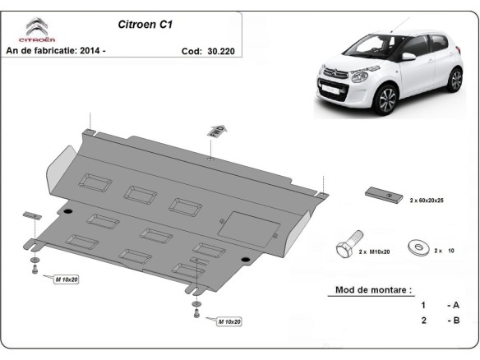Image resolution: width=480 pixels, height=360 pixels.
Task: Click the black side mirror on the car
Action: click(408, 58)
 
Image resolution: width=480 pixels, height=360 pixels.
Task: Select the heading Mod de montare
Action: click(374, 290)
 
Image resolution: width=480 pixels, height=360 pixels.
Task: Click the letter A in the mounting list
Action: click(455, 305)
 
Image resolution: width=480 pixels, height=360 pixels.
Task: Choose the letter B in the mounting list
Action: click(455, 321)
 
